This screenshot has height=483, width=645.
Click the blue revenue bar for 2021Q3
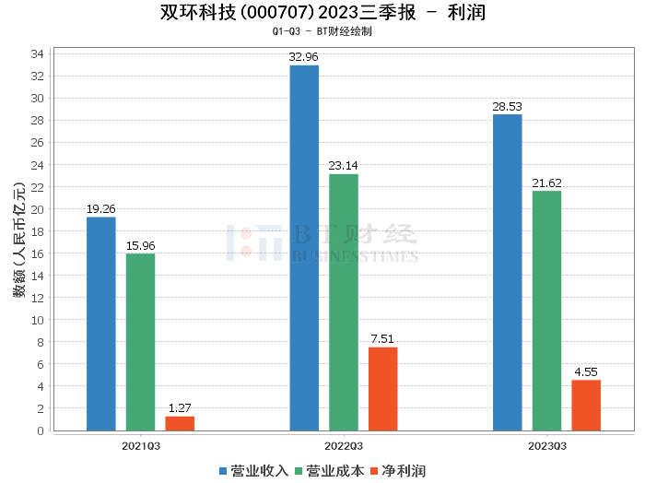pos(101,324)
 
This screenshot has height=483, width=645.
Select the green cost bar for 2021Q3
pos(140,342)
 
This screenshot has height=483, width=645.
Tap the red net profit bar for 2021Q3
pos(180,423)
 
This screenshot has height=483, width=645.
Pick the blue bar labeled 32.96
pos(304,248)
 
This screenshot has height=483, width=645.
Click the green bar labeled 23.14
pos(344,302)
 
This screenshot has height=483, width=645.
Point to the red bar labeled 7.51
pos(383,389)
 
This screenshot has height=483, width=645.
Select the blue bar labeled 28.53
pos(508,272)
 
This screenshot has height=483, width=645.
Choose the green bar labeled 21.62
pos(546,311)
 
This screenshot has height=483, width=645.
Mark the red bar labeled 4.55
pos(586,406)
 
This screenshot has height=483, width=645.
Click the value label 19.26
pos(101,209)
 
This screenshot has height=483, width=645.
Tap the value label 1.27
pos(180,408)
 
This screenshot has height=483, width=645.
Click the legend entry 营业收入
pos(254,470)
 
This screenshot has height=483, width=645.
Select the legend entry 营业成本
pos(329,470)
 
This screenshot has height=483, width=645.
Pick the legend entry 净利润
pos(397,470)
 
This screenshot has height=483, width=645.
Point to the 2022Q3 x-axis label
pos(344,445)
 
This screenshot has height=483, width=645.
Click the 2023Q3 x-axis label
pos(546,445)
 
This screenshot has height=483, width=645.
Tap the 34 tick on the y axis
pos(38,54)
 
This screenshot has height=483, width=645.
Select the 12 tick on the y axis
pos(38,298)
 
